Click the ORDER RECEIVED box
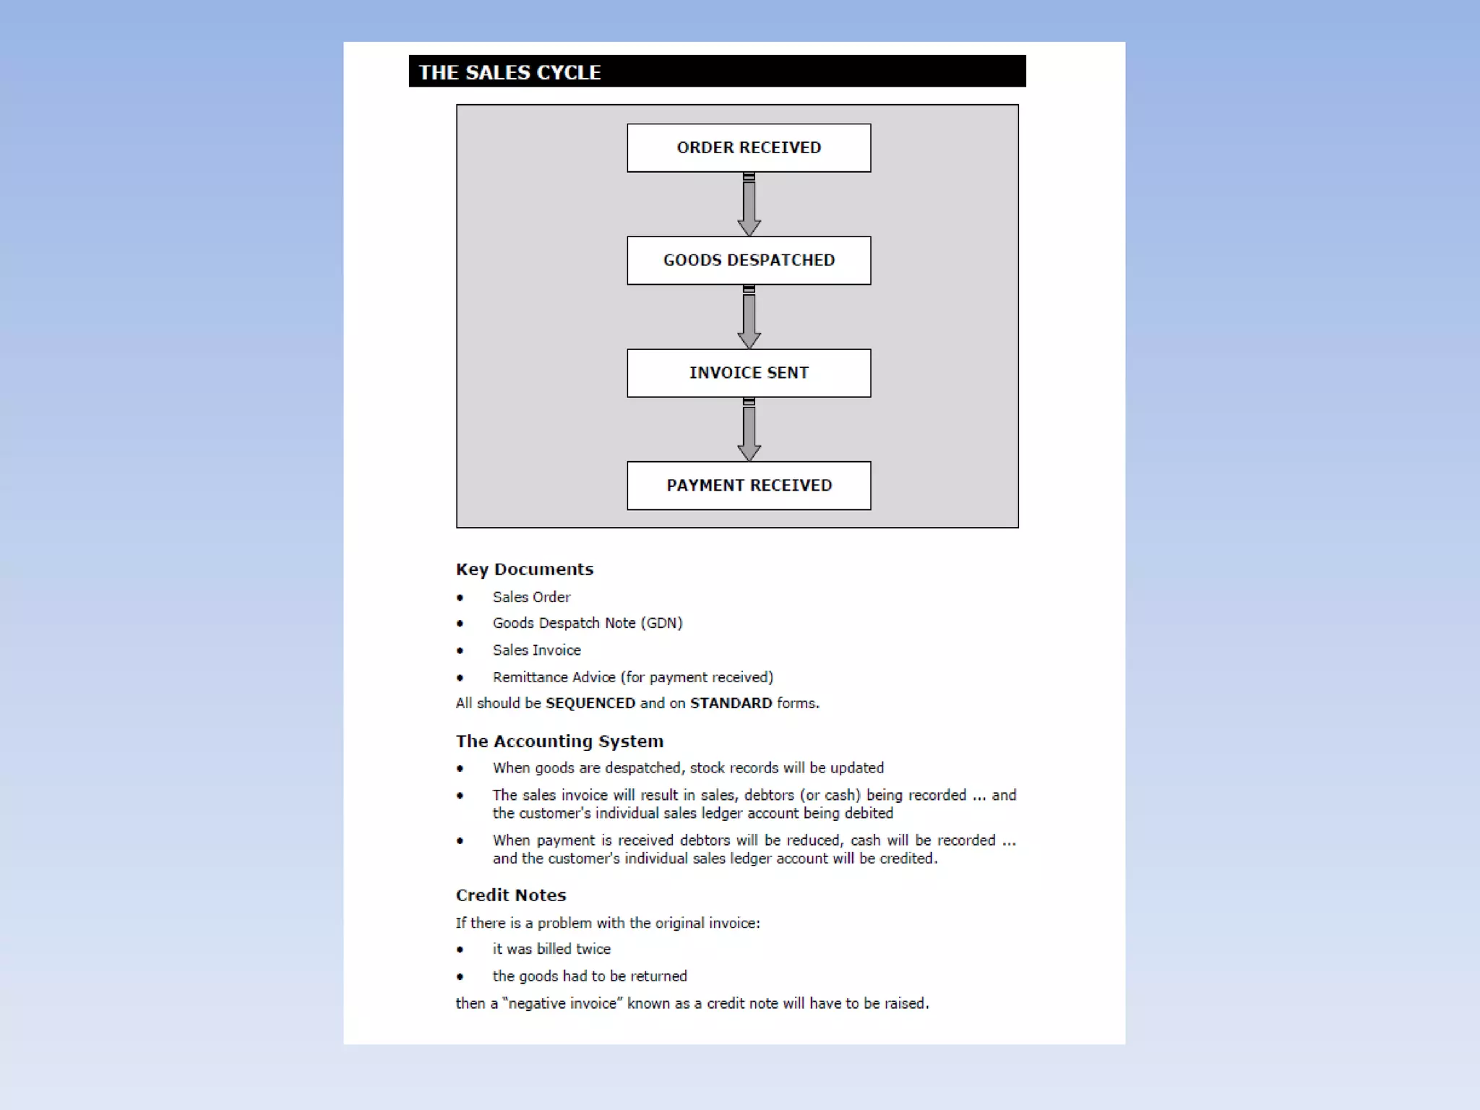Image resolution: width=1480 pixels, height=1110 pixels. click(x=749, y=148)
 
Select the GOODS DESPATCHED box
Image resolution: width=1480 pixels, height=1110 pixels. click(x=749, y=260)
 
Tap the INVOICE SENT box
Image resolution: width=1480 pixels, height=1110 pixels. click(x=749, y=373)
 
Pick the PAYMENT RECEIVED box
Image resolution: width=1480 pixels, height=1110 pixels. click(x=749, y=486)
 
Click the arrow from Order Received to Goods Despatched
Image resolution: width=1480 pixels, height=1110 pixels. click(x=749, y=205)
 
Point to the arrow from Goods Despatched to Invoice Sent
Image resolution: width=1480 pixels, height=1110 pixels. click(x=749, y=318)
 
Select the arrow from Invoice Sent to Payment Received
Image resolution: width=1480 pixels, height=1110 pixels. click(x=749, y=431)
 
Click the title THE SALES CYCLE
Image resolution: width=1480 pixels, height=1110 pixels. click(x=510, y=72)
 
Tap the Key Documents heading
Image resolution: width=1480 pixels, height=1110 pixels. click(x=525, y=569)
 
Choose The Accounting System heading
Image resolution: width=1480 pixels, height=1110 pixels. click(x=559, y=741)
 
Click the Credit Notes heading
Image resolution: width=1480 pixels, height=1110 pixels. click(x=511, y=895)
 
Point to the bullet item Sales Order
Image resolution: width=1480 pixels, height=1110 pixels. click(x=531, y=597)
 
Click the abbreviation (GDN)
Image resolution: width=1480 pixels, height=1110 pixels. click(x=661, y=623)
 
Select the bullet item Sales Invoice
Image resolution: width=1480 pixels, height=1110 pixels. click(x=537, y=650)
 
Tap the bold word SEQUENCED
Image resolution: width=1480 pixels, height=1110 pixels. click(x=590, y=703)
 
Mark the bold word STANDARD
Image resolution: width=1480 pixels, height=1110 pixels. click(x=731, y=703)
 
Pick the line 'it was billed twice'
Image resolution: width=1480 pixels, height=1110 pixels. click(x=551, y=949)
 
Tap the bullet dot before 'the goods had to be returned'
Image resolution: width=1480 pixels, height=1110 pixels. click(x=460, y=977)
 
